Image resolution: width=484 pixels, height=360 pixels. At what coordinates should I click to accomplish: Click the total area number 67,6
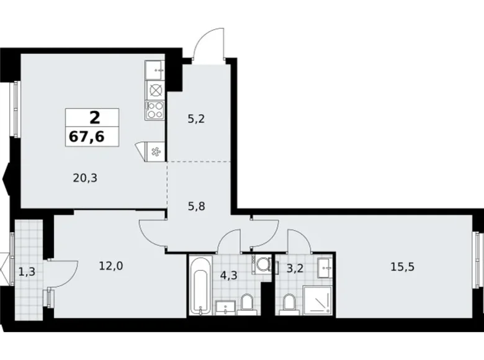pos(92,136)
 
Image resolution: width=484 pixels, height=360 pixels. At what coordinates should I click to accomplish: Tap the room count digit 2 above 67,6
pos(93,117)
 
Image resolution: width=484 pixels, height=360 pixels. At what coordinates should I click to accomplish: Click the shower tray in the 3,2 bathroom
pos(318,304)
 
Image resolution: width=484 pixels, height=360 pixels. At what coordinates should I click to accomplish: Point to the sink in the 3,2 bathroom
pos(325,268)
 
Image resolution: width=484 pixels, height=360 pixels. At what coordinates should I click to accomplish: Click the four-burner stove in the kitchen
pos(155,111)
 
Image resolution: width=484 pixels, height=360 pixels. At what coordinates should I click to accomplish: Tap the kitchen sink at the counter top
pos(155,71)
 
